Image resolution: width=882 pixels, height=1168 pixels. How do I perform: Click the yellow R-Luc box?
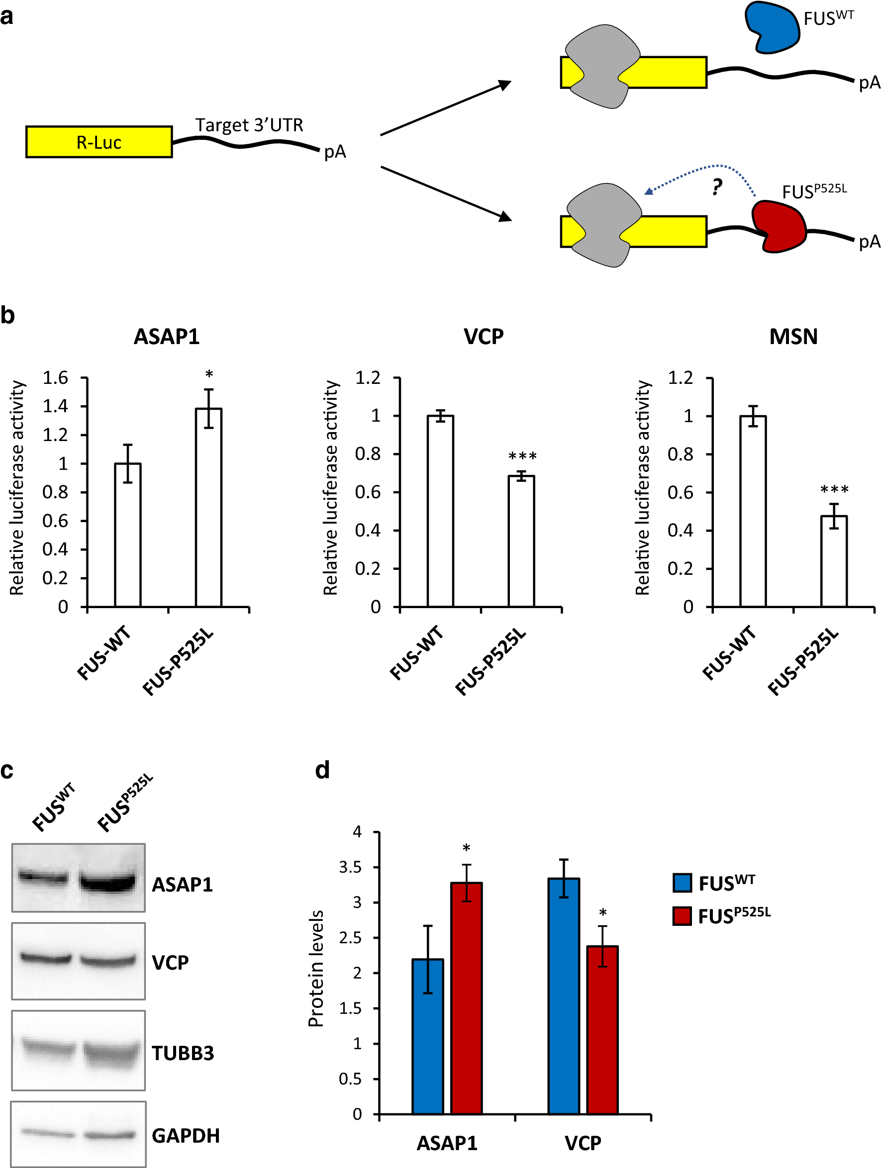[x=99, y=142]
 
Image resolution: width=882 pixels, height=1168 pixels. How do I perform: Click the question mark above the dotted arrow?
[x=716, y=186]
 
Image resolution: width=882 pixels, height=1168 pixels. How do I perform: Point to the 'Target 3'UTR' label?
[x=249, y=125]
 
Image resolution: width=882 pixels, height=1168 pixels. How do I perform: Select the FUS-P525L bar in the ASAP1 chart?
[x=208, y=507]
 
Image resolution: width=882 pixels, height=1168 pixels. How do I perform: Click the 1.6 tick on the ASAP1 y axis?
[x=55, y=378]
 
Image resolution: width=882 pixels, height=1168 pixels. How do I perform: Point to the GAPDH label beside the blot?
[x=186, y=1136]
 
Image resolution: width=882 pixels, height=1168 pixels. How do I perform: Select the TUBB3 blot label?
[x=183, y=1054]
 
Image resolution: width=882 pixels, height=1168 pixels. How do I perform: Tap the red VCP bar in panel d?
[x=602, y=1030]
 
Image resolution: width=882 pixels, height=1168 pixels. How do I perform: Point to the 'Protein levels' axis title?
[x=316, y=969]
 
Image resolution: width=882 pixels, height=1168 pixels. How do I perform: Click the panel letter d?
[x=322, y=770]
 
